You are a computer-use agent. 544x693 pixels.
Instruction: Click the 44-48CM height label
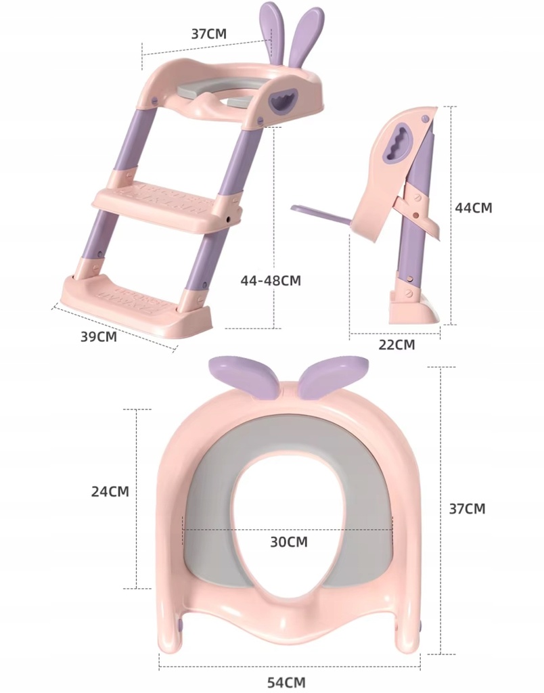pos(271,280)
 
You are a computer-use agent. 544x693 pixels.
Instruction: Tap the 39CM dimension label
pos(99,336)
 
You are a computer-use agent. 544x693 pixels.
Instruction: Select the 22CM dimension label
pos(396,344)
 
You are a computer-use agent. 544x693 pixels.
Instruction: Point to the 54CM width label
pos(286,682)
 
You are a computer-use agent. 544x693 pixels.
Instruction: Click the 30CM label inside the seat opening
pos(288,542)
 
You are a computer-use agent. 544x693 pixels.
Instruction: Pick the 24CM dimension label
pos(110,491)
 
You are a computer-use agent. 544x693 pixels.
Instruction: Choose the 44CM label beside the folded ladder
pos(473,208)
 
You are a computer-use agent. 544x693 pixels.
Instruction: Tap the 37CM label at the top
pos(208,34)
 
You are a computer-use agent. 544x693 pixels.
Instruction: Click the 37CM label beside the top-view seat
pos(467,509)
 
